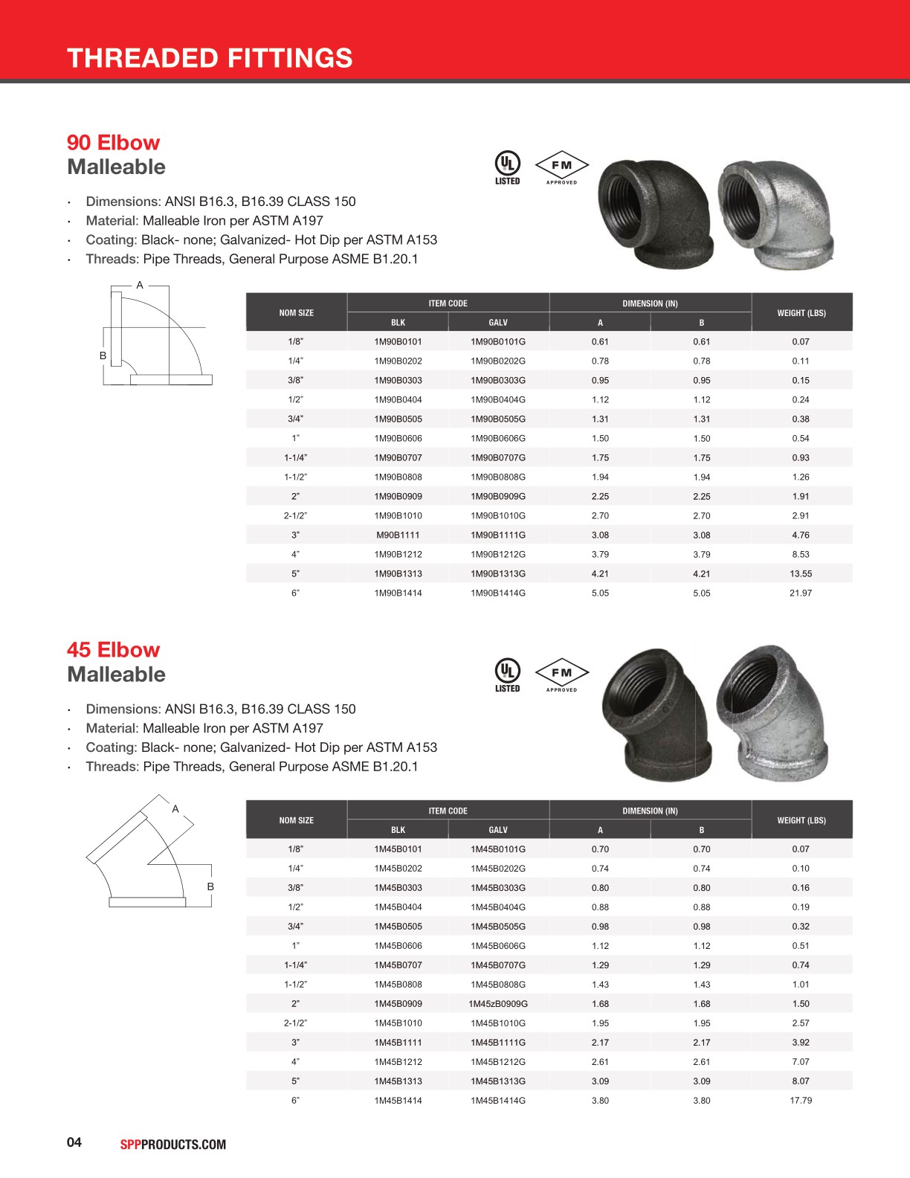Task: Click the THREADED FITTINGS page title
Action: (210, 58)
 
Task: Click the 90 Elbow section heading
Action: (113, 142)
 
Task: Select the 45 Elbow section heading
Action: (113, 649)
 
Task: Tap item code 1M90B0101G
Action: (498, 342)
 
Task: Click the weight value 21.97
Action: (801, 593)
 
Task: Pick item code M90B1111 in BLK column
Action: (398, 535)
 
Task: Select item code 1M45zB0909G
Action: (498, 1004)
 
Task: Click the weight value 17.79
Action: (801, 1101)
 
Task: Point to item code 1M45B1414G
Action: (498, 1101)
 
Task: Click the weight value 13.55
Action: (801, 574)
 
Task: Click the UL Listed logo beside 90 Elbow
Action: (508, 167)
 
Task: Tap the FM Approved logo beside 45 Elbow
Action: (562, 675)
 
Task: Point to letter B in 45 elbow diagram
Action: (210, 886)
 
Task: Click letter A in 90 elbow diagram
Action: (140, 285)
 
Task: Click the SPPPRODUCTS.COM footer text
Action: (173, 1145)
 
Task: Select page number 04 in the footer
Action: (74, 1142)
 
